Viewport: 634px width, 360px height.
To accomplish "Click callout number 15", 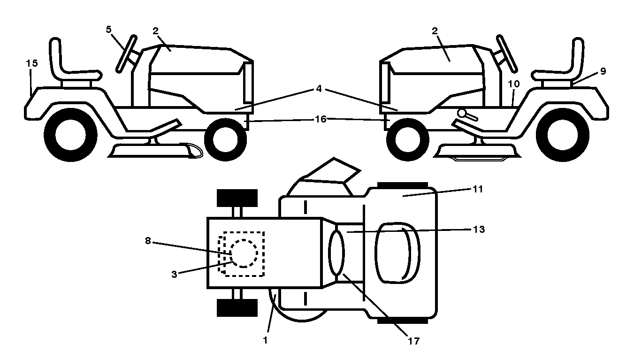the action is click(x=32, y=63).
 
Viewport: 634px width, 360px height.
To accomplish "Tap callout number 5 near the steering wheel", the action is click(x=109, y=30).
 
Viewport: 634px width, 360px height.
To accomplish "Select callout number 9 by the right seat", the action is click(x=603, y=71).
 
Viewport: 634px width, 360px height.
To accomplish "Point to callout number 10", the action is click(x=514, y=84).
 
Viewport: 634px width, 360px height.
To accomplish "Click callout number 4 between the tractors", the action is click(x=319, y=89).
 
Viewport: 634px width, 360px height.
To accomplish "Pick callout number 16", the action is click(x=321, y=119).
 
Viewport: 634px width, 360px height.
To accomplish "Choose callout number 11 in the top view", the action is click(x=478, y=189).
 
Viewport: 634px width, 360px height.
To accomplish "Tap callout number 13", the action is click(x=479, y=229).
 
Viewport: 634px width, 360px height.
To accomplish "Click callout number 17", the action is click(x=413, y=341).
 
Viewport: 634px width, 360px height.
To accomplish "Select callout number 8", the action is click(x=148, y=241).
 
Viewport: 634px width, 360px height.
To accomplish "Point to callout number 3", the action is click(x=175, y=274).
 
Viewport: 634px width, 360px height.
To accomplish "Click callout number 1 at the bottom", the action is click(x=265, y=340).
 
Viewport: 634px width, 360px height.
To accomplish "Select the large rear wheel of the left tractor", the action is click(x=70, y=135).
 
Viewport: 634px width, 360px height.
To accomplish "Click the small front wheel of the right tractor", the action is click(x=407, y=140).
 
